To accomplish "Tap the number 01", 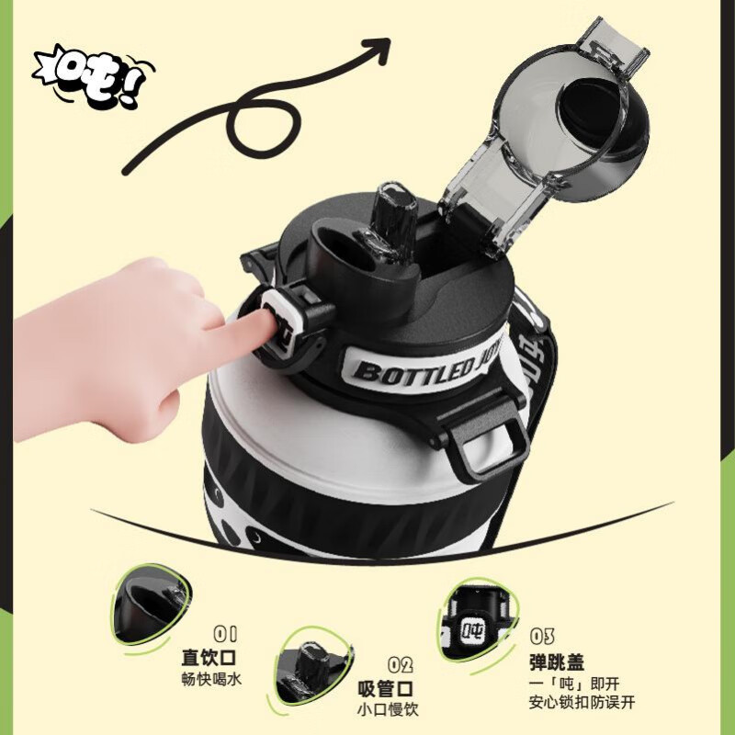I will (x=225, y=633).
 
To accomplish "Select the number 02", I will (x=400, y=664).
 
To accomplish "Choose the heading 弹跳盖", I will (x=557, y=661).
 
